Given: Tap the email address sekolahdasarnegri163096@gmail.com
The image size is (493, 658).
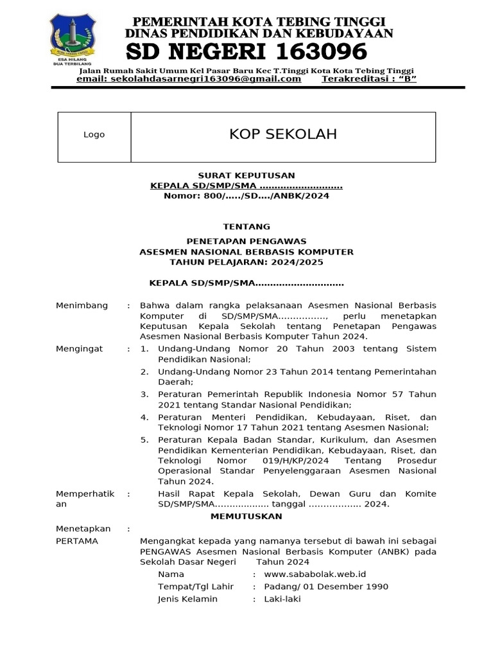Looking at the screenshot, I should click(189, 79).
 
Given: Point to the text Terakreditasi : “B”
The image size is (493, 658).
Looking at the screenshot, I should click(368, 79).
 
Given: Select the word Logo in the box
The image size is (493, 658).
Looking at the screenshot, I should click(94, 135).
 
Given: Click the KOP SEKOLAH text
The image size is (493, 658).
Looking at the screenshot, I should click(283, 134).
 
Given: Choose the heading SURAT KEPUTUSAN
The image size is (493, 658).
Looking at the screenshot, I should click(246, 175).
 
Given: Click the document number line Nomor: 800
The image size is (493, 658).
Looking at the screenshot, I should click(246, 196).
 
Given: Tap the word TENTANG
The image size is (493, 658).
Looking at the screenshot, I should click(246, 227).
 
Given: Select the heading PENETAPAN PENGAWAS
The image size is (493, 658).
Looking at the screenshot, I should click(246, 241).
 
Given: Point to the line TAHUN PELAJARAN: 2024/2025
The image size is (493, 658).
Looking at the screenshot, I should click(246, 262).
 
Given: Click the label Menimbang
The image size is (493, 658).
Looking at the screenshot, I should click(82, 305).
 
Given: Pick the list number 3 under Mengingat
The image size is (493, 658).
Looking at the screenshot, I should click(144, 394).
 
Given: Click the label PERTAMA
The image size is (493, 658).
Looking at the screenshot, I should click(77, 541).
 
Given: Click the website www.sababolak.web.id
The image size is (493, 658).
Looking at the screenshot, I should click(315, 574).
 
